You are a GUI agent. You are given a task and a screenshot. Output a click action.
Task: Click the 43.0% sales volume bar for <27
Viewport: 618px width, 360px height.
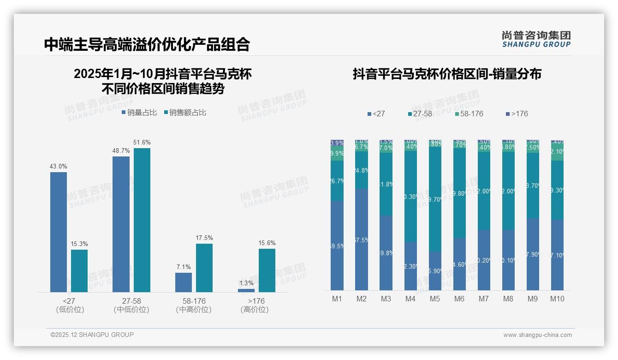click(59, 232)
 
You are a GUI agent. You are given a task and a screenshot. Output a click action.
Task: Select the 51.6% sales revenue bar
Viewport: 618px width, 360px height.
click(142, 220)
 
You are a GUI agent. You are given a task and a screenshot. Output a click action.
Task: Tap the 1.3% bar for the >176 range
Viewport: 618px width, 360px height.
click(246, 290)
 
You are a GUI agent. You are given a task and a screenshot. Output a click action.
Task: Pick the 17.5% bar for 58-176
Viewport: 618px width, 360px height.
click(204, 268)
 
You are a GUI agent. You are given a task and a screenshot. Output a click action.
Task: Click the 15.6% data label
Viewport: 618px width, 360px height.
click(267, 243)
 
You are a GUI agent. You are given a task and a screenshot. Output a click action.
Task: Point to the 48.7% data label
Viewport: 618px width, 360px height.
click(121, 150)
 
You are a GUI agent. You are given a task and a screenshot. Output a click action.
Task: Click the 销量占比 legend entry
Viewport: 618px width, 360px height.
click(139, 113)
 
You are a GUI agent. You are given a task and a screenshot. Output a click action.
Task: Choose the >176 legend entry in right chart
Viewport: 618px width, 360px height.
click(517, 114)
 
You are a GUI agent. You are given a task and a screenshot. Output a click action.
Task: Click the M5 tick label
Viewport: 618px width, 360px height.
click(435, 299)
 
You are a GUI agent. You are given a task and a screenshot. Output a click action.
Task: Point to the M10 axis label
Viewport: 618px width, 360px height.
click(557, 299)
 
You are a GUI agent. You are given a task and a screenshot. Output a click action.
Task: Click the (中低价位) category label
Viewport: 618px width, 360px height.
click(131, 310)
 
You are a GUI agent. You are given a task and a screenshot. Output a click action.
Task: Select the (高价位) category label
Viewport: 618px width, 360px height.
click(255, 310)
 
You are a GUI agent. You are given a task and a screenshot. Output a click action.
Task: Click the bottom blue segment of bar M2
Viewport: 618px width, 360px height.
click(362, 239)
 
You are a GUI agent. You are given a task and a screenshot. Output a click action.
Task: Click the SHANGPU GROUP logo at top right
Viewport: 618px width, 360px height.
click(536, 39)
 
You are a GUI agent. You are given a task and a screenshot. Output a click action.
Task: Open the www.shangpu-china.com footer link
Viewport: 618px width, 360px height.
click(537, 335)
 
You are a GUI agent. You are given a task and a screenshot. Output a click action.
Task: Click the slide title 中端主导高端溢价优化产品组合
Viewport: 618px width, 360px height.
click(147, 44)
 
